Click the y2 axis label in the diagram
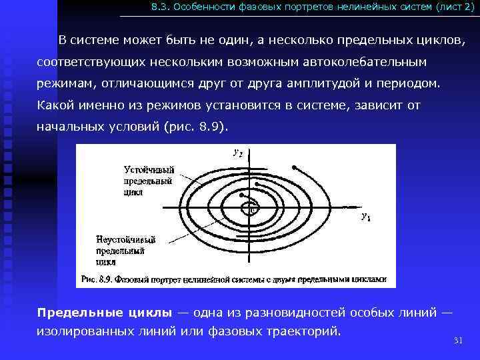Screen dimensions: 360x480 (x=237, y=153)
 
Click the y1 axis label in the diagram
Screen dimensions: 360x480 (x=366, y=217)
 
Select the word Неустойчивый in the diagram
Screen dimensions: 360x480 (x=127, y=239)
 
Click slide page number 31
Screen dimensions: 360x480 (x=458, y=341)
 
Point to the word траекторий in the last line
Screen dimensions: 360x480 (x=304, y=331)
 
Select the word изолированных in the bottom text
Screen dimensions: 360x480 (x=82, y=331)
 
